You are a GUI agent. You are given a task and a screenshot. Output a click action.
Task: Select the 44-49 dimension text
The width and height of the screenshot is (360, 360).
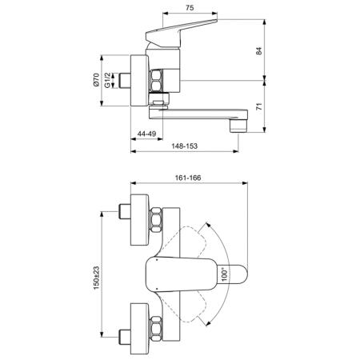click(x=146, y=134)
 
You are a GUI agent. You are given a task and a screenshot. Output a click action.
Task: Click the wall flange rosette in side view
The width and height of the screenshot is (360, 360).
click(x=137, y=79)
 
